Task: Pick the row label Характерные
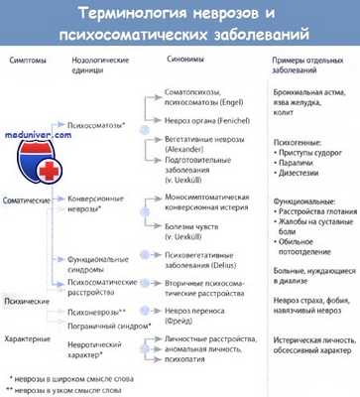(29, 338)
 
